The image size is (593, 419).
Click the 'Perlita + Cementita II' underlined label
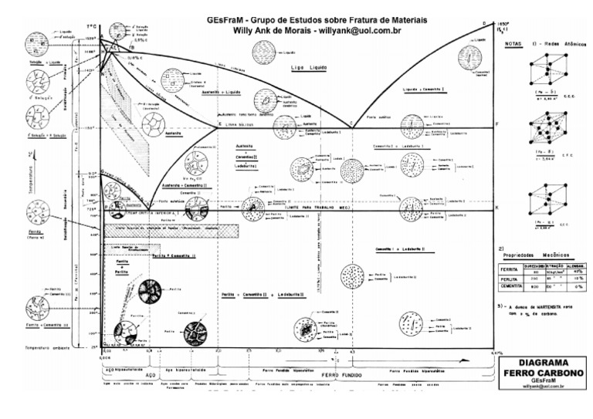tap(174, 255)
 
